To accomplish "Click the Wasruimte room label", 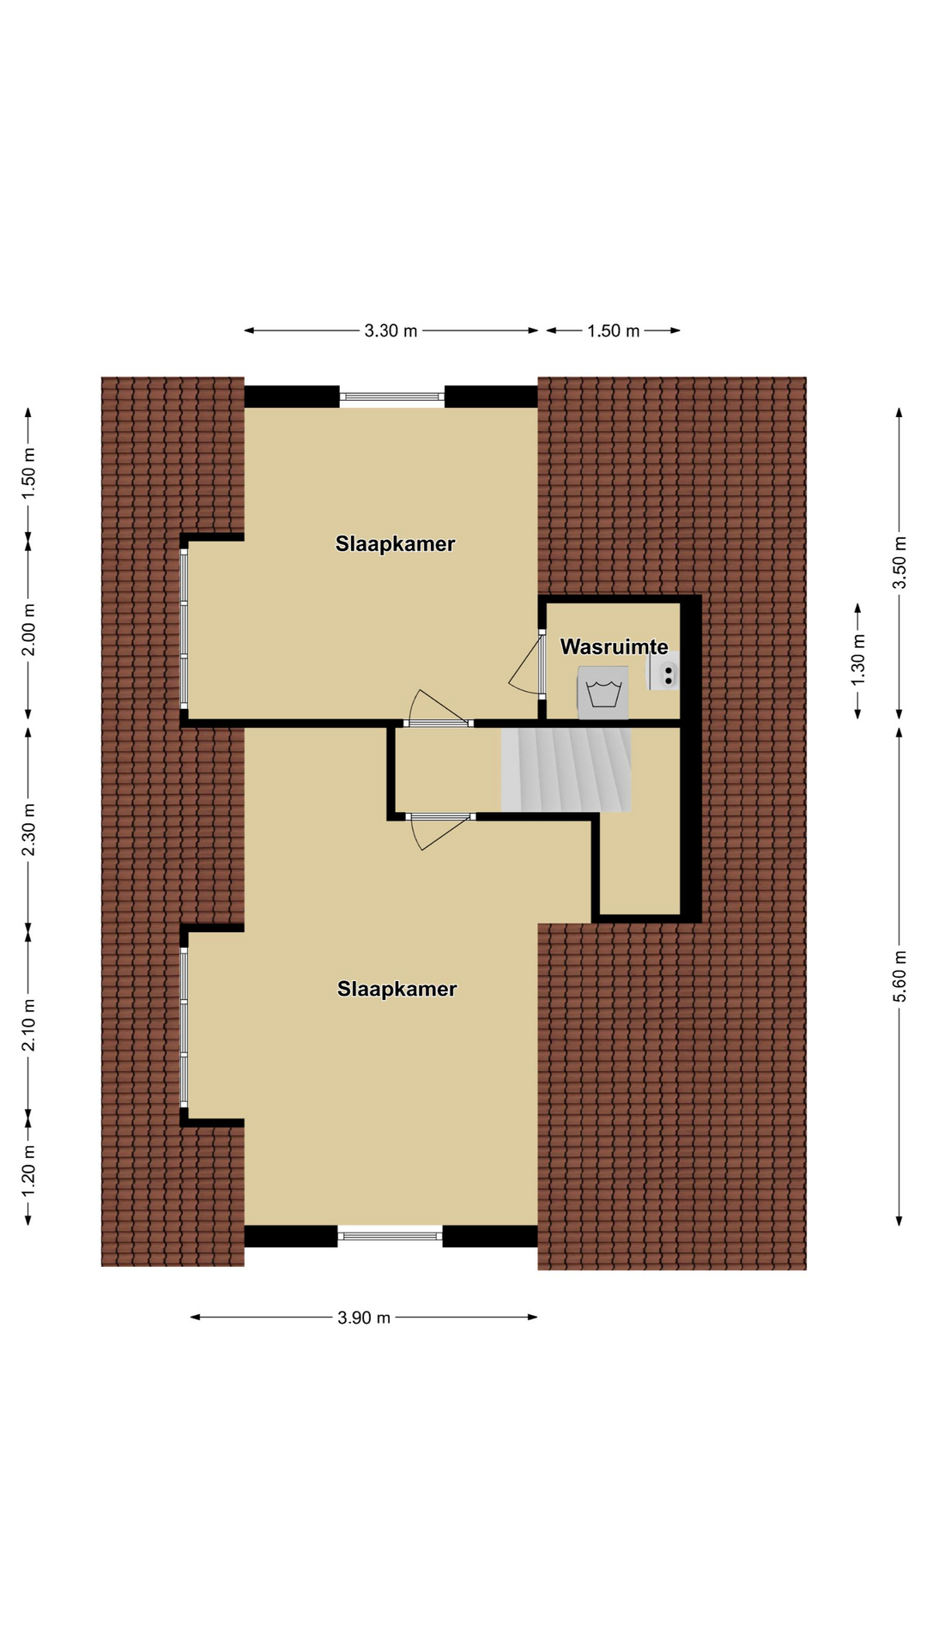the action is (x=614, y=647).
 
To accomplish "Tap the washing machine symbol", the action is (x=603, y=693).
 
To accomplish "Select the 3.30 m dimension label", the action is (x=391, y=330).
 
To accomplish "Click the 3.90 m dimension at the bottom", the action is (x=364, y=1318).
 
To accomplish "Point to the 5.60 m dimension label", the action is (x=900, y=976).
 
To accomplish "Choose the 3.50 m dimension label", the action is (x=900, y=563).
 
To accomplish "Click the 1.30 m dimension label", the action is (x=857, y=658).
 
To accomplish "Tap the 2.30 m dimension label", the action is (x=28, y=829).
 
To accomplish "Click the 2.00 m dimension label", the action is (x=28, y=629).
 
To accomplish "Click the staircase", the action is (x=566, y=770).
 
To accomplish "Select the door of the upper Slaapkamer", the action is (x=439, y=709).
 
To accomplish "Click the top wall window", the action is (x=392, y=397).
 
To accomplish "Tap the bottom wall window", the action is (x=390, y=1236).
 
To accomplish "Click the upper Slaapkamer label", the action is (x=395, y=544).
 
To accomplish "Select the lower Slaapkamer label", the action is (x=397, y=989).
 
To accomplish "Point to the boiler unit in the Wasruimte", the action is (x=663, y=670).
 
